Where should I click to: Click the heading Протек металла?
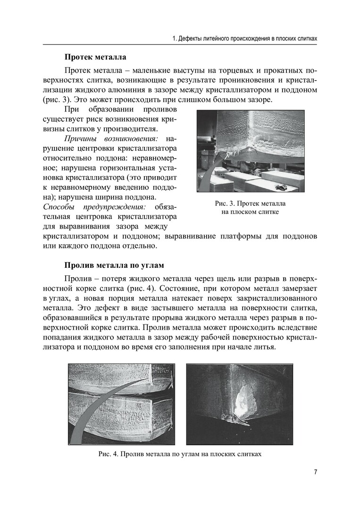[x=95, y=57]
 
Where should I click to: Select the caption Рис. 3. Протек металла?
[x=250, y=204]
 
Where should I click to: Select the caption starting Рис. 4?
[x=180, y=454]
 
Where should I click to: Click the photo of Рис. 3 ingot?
[x=250, y=151]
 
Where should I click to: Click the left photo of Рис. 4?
[x=121, y=404]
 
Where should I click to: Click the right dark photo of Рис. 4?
[x=240, y=404]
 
